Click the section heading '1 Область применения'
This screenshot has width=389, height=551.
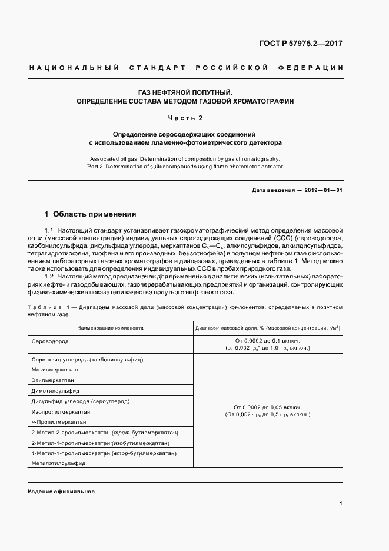tap(91, 214)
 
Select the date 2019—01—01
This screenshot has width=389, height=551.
tap(323, 190)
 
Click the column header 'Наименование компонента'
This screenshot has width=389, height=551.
tap(110, 327)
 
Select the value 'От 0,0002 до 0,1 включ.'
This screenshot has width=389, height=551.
tap(267, 341)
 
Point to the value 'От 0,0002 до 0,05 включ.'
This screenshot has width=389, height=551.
tap(268, 407)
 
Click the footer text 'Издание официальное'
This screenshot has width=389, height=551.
tap(61, 491)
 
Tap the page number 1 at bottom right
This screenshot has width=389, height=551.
tap(341, 503)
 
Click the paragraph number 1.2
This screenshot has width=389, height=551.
tap(49, 276)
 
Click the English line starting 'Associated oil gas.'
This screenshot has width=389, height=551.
tap(185, 159)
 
